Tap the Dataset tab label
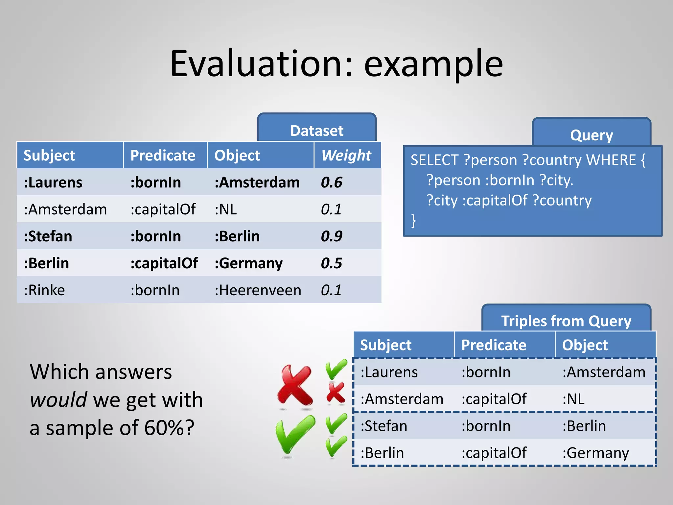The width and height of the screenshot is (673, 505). tap(317, 131)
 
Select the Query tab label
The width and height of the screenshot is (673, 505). tap(592, 135)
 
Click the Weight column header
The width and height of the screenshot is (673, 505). tap(346, 155)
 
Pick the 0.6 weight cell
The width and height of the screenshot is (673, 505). tap(332, 182)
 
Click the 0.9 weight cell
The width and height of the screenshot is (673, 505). tap(332, 236)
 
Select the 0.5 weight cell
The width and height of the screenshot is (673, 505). tap(332, 263)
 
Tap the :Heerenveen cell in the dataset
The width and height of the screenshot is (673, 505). tap(258, 290)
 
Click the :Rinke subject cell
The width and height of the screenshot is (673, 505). tap(44, 290)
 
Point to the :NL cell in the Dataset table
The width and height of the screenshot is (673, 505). tap(226, 209)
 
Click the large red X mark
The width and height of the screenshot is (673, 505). tap(295, 385)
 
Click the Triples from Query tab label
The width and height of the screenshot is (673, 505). tap(566, 321)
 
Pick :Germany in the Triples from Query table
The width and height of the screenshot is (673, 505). tap(595, 453)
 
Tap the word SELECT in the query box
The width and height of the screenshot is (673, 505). tap(434, 160)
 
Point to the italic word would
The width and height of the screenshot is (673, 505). tap(58, 399)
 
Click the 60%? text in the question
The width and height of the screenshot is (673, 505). tap(169, 428)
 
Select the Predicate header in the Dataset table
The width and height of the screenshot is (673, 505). tap(163, 155)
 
